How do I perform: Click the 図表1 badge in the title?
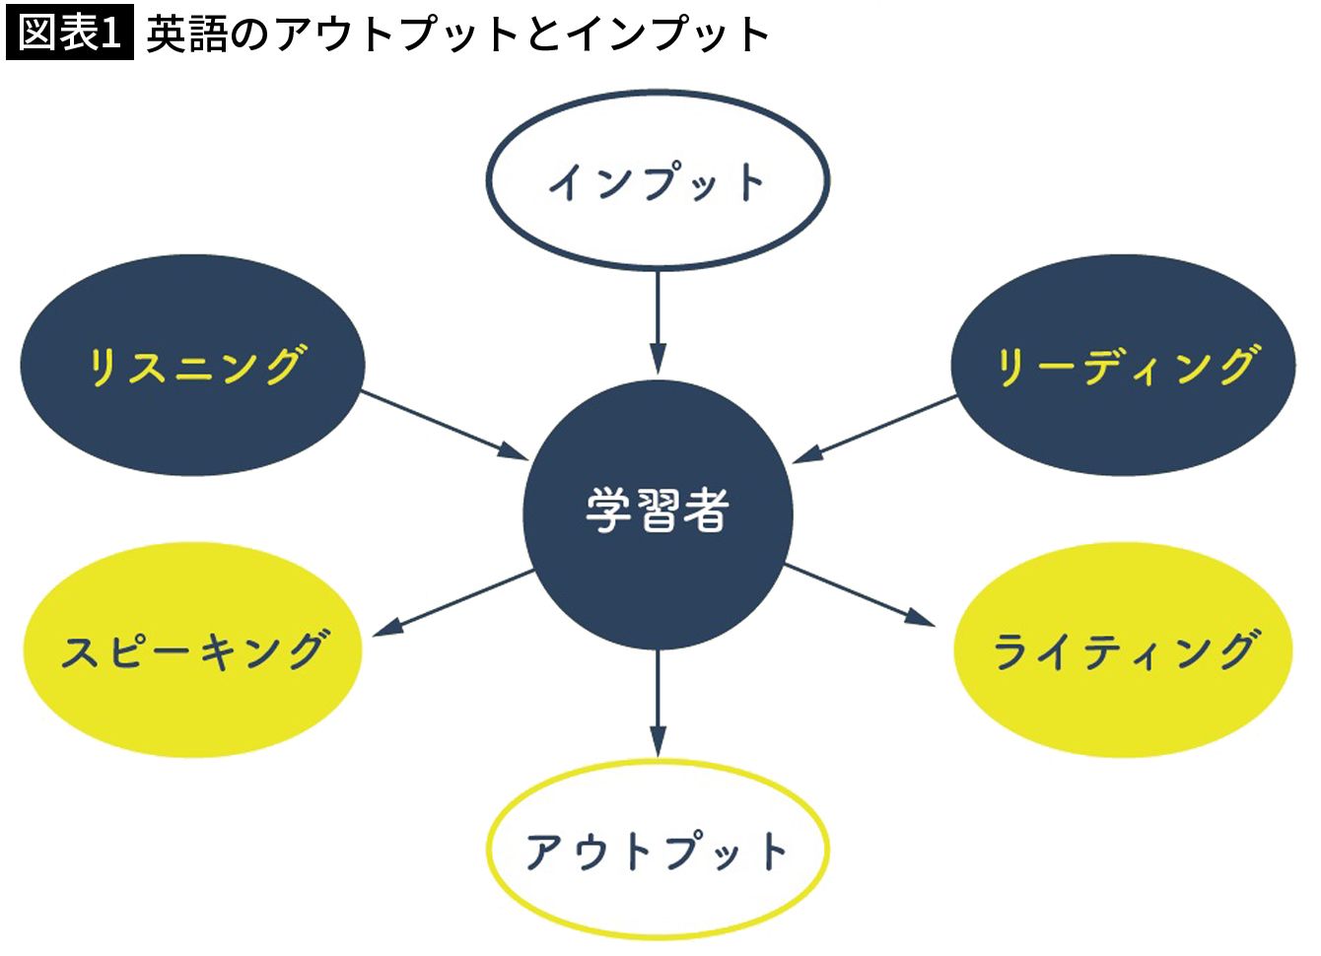[69, 33]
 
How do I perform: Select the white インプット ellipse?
[658, 180]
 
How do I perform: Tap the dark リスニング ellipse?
[192, 366]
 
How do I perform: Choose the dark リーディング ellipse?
[1123, 366]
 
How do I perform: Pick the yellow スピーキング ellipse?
[192, 650]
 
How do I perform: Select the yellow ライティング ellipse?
[1123, 650]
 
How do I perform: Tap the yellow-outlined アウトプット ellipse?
[658, 850]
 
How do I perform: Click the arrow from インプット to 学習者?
[658, 320]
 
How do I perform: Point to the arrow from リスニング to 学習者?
[444, 425]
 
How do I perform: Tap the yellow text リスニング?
[196, 366]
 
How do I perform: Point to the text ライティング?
[1125, 651]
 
